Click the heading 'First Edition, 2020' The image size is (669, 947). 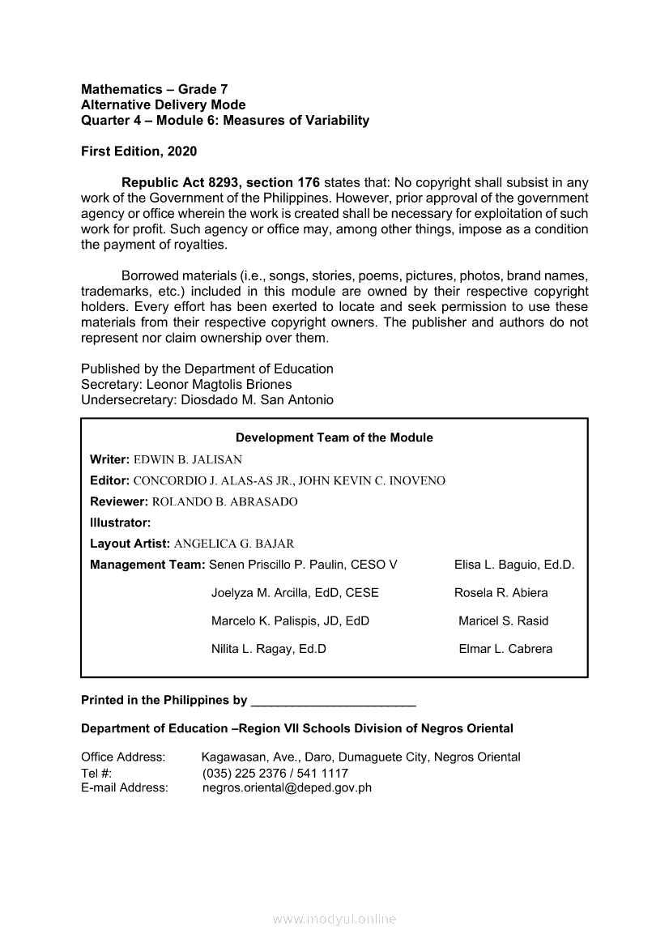138,151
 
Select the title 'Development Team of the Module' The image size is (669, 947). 334,437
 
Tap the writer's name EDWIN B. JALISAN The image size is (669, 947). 188,459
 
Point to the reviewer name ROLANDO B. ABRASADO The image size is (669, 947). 224,501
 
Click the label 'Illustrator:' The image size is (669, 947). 121,523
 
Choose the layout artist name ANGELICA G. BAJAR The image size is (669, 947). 234,544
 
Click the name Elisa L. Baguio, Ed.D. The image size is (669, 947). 514,565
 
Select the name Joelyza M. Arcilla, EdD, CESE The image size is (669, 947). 295,593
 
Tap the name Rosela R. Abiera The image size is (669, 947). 501,593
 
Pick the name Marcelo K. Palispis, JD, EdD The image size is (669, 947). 290,621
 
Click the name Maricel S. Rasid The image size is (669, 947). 503,621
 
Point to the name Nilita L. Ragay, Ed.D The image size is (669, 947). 269,649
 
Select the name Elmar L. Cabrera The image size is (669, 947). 505,649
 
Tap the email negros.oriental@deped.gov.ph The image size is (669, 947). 287,787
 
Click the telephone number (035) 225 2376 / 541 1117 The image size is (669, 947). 275,773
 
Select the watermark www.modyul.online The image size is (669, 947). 334,919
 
